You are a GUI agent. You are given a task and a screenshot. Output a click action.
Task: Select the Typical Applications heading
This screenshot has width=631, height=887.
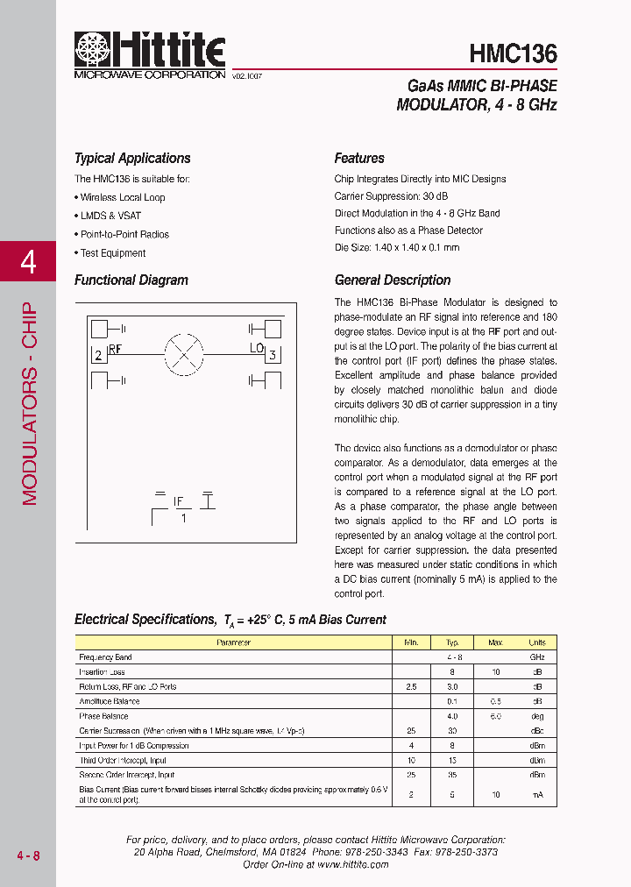coord(132,159)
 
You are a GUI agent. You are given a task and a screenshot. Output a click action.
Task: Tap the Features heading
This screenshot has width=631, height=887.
coord(359,159)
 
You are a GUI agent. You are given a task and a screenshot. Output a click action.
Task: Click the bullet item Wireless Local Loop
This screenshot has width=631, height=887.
coord(122,197)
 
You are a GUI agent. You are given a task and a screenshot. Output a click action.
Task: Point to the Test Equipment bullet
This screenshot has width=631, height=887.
coord(112,253)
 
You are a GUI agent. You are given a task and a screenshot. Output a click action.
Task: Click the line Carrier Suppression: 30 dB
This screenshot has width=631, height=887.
coord(391,196)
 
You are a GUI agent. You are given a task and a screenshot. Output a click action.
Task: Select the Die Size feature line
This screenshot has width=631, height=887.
coord(396,247)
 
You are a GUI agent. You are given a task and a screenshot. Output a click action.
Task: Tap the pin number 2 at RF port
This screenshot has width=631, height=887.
coord(99,355)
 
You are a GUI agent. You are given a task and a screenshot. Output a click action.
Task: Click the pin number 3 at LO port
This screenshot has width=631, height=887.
coord(273,355)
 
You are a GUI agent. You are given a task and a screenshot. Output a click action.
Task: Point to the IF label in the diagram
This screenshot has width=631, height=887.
coord(179,501)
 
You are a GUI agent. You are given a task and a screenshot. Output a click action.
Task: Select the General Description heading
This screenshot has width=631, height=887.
coord(393,280)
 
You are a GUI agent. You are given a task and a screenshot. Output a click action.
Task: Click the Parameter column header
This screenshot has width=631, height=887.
coord(233,642)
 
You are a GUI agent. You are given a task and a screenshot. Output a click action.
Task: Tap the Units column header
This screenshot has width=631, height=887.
coord(536,642)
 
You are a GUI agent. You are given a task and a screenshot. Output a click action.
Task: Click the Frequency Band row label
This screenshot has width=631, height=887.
coord(105,656)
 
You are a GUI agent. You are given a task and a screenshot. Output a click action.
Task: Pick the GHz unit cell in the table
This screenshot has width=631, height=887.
coord(536,656)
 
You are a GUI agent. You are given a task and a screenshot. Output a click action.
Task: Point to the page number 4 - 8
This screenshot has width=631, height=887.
coord(28,855)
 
